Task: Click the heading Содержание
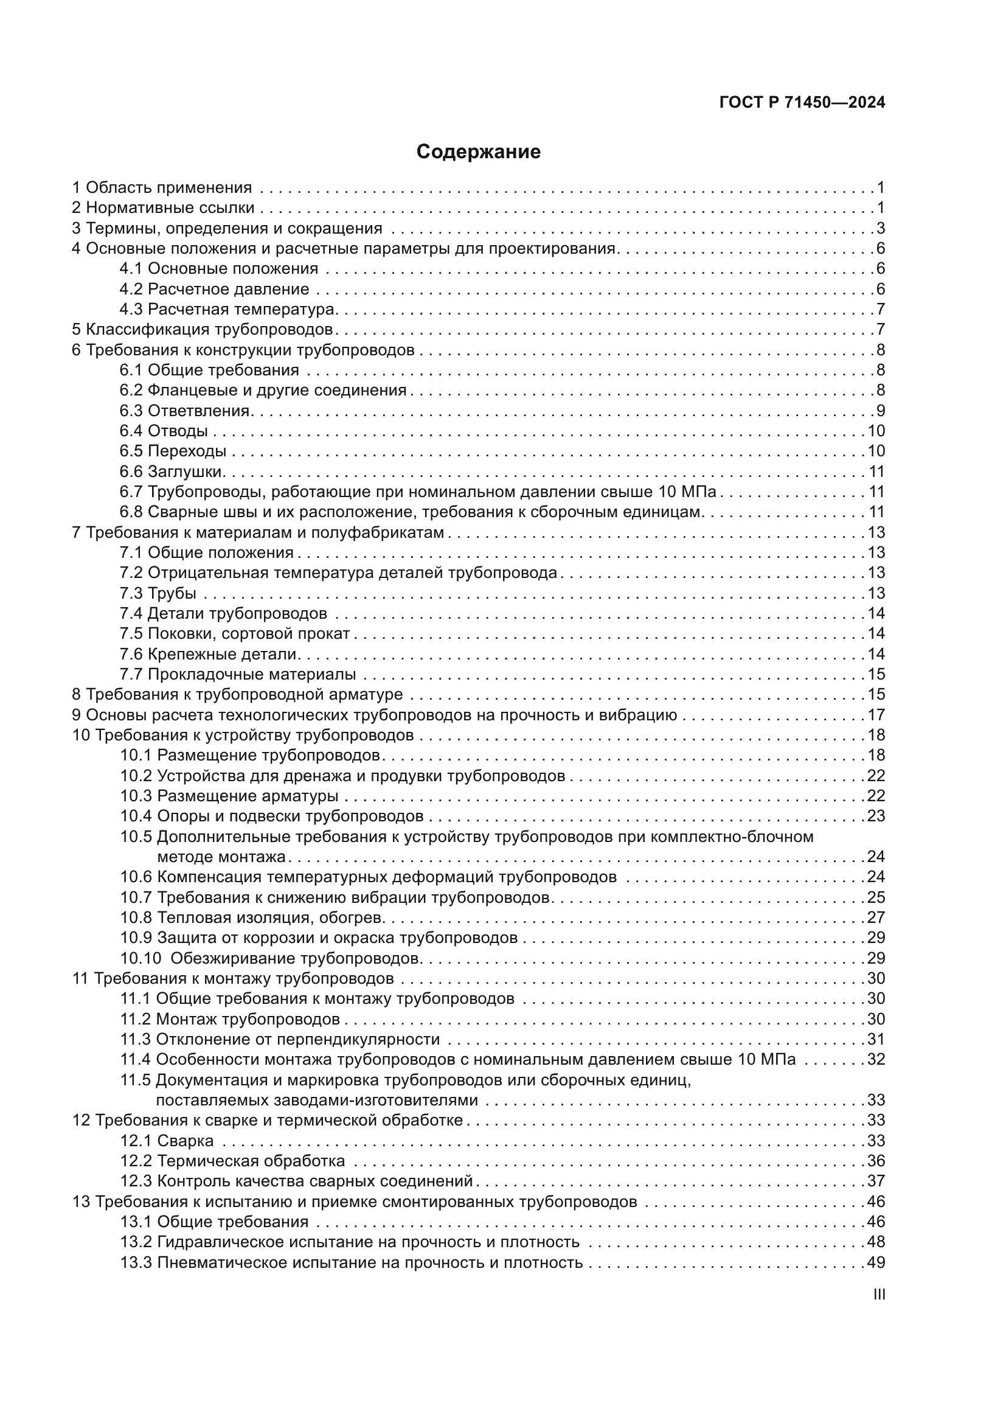[478, 152]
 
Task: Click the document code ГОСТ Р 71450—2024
[802, 103]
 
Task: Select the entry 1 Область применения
[162, 188]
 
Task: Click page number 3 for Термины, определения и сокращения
[880, 228]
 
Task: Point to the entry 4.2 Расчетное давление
[214, 289]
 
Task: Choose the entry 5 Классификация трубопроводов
[203, 329]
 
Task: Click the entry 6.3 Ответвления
[185, 410]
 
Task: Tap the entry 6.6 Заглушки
[171, 471]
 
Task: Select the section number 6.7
[131, 492]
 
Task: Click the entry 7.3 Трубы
[158, 593]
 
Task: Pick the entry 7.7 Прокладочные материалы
[238, 674]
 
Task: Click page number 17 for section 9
[876, 715]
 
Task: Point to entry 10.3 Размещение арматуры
[229, 796]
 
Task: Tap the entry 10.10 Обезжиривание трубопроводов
[271, 958]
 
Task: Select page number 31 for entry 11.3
[876, 1039]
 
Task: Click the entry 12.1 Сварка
[167, 1141]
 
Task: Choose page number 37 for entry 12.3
[876, 1181]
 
